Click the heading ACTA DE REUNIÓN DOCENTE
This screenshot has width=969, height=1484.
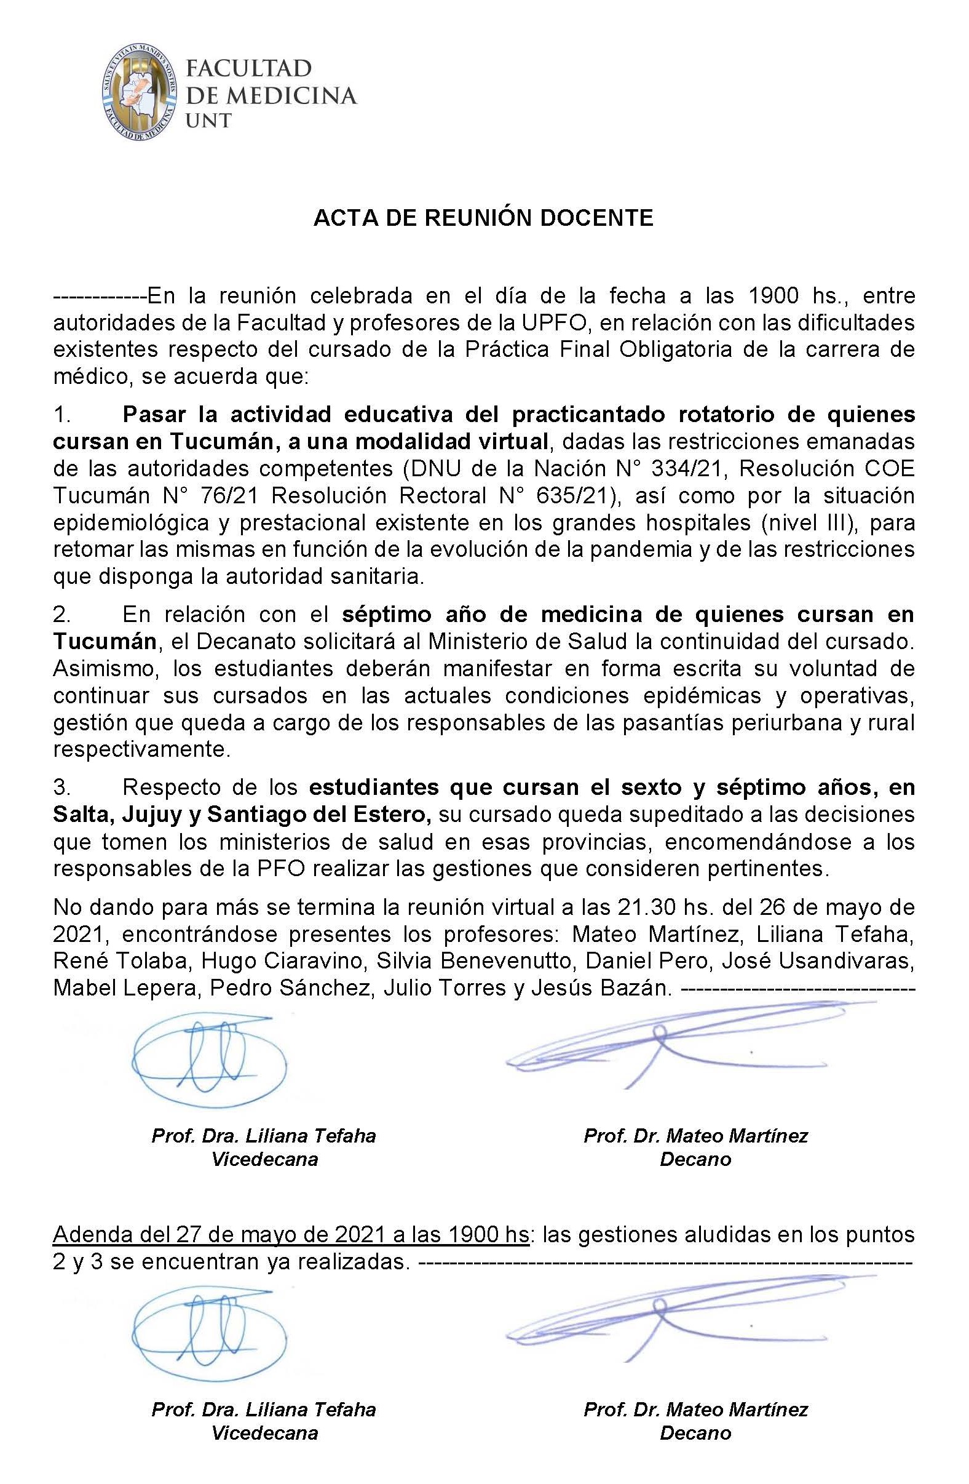(483, 217)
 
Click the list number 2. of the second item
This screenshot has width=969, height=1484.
(62, 615)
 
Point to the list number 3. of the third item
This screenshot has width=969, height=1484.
(62, 788)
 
